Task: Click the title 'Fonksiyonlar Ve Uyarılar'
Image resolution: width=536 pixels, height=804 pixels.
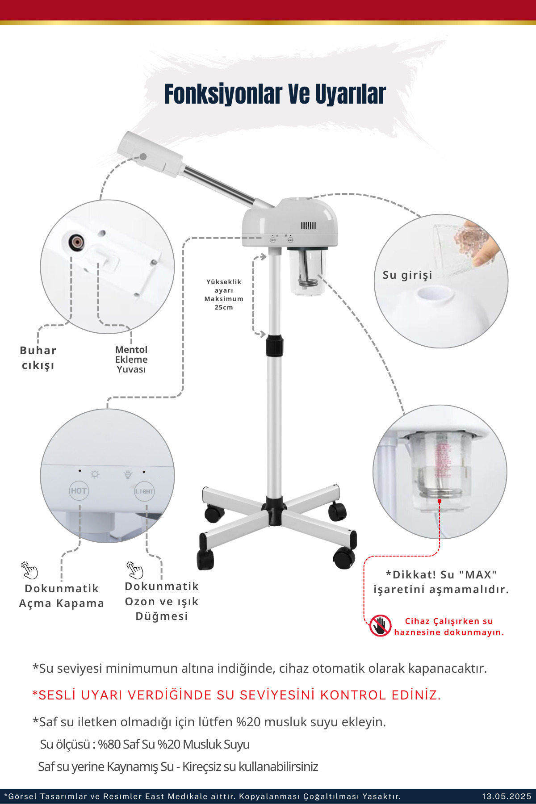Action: pos(275,94)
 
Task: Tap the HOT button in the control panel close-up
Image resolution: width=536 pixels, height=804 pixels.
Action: pos(79,491)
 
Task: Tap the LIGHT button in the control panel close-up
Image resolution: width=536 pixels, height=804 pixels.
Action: pos(144,491)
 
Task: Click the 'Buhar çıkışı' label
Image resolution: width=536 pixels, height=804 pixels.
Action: pos(38,358)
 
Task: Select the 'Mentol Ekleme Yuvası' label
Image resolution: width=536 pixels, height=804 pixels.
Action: pos(131,360)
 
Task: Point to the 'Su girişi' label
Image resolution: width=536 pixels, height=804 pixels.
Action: pos(407,275)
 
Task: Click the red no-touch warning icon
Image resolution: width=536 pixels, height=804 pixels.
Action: pos(380,626)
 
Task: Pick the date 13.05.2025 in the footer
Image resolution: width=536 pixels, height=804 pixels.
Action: pos(507,796)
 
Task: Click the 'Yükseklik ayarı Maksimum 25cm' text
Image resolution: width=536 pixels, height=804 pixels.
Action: pos(224,294)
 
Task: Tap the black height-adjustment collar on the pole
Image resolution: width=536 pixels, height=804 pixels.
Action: pos(275,345)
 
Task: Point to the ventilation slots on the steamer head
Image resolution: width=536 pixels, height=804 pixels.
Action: pos(308,226)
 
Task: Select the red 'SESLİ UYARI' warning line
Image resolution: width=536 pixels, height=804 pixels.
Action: pos(237,695)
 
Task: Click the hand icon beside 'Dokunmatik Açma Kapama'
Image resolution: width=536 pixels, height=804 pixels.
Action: pos(29,571)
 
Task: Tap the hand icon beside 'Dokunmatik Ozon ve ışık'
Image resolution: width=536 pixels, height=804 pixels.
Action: pos(134,570)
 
